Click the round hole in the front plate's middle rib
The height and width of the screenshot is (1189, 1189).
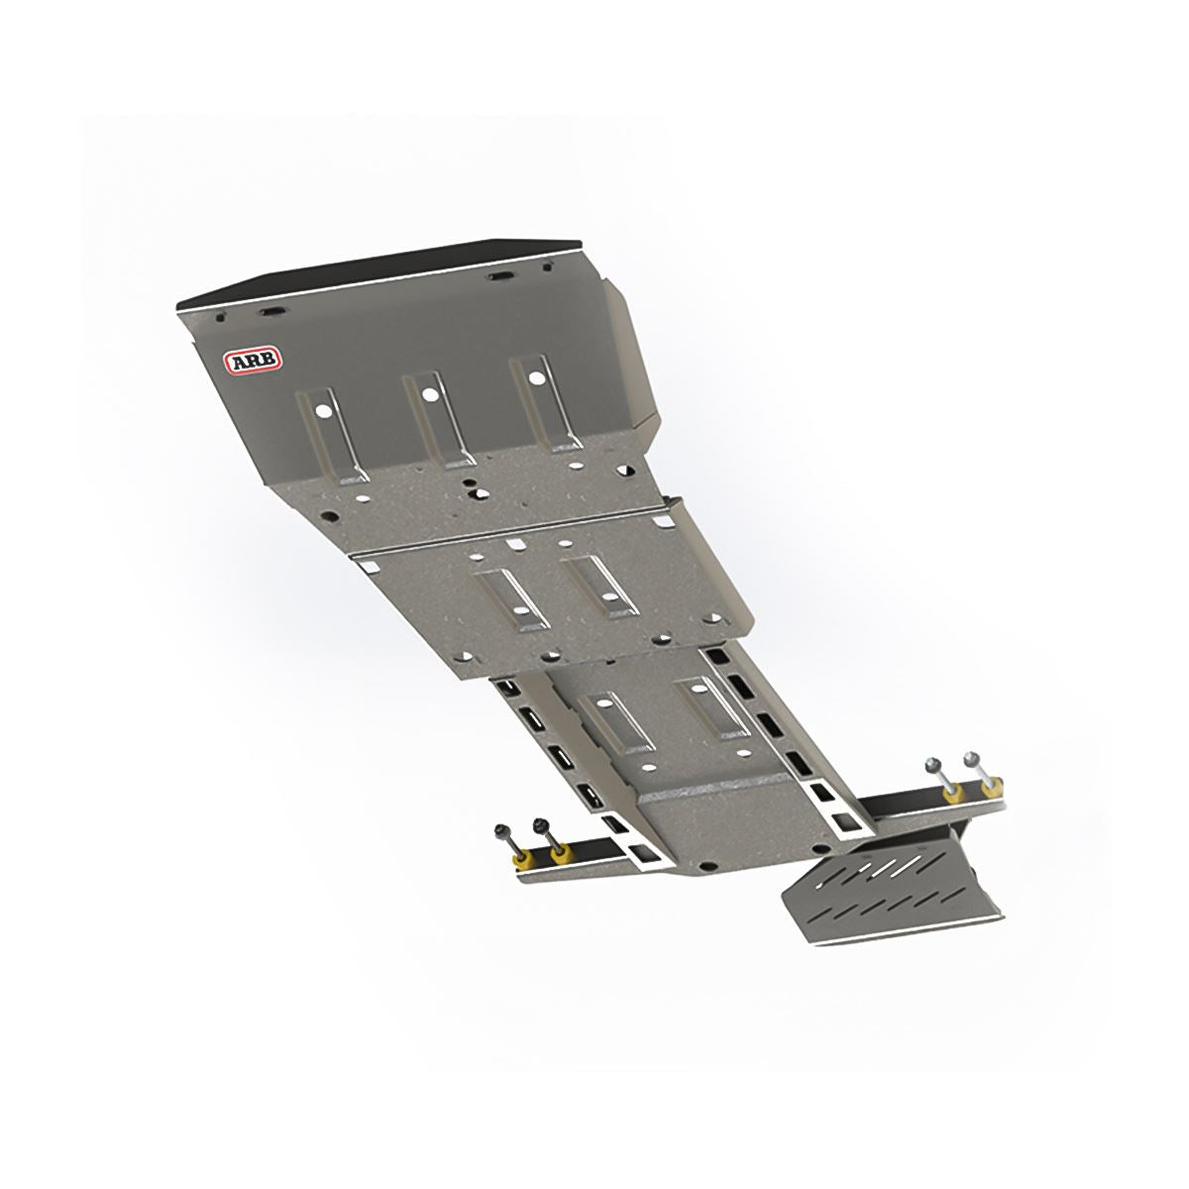tap(428, 393)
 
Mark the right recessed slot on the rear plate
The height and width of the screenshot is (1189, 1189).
tap(712, 705)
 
